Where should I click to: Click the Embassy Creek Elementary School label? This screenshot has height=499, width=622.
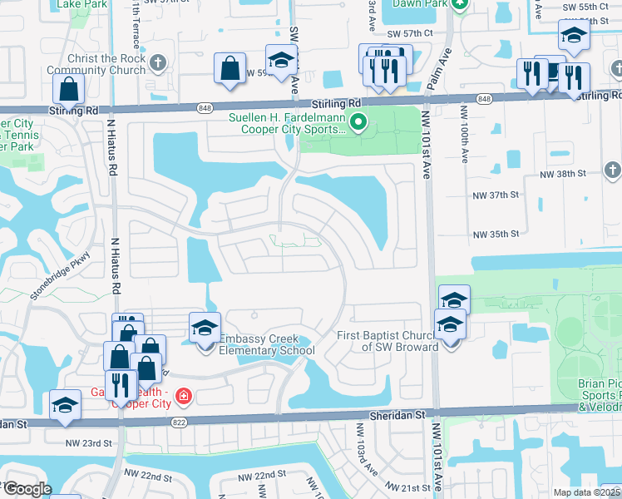click(x=266, y=344)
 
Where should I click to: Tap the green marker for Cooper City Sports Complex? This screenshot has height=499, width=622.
click(x=359, y=124)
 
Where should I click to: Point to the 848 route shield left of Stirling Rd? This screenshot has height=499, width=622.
click(x=205, y=108)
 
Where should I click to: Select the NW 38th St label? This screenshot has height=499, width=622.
click(x=562, y=174)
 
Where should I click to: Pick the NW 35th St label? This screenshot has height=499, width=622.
click(x=496, y=235)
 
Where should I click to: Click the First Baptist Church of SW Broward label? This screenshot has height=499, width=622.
click(x=387, y=341)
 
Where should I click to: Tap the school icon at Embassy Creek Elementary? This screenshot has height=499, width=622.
click(x=204, y=328)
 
